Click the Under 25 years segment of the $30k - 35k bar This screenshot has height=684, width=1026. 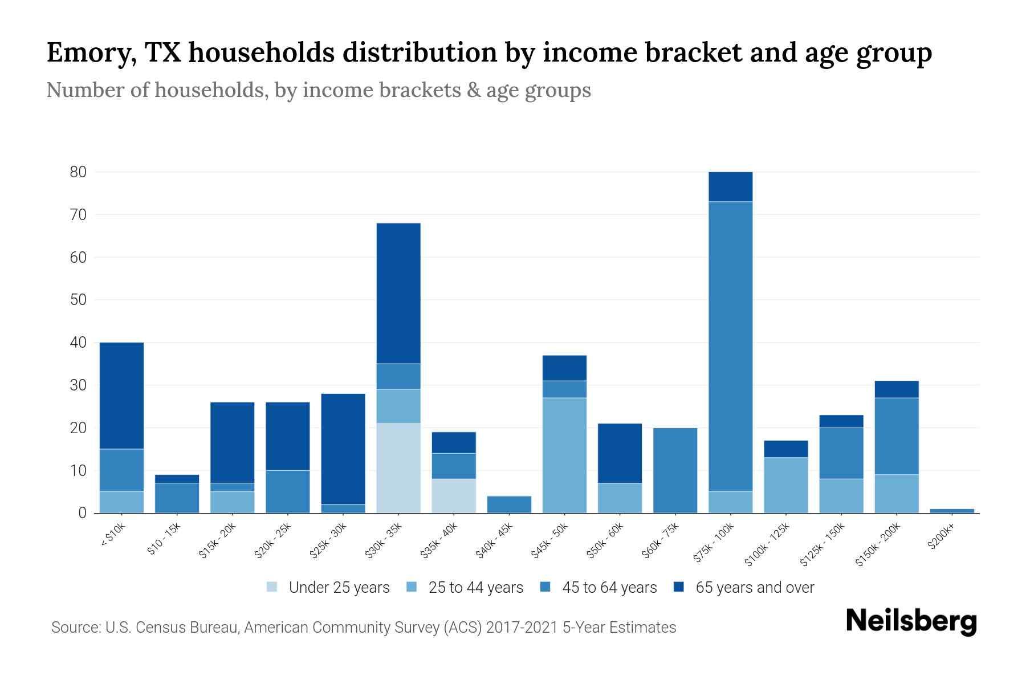click(398, 468)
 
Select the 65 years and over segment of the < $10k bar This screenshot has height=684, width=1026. click(121, 396)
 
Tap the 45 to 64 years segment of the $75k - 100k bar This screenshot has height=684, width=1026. click(730, 347)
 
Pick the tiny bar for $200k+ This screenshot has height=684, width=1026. click(952, 511)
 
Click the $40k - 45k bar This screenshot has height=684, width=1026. click(509, 504)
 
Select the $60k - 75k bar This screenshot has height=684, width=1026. click(675, 470)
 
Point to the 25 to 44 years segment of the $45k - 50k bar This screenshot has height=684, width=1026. click(564, 455)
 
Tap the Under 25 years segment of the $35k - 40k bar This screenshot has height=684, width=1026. click(454, 495)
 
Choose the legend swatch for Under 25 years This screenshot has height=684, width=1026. click(272, 587)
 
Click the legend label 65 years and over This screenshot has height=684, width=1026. click(755, 588)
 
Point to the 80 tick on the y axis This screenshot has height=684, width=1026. click(78, 172)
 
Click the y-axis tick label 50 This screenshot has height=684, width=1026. click(78, 300)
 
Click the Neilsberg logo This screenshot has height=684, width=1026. click(911, 621)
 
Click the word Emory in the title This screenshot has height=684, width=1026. click(91, 52)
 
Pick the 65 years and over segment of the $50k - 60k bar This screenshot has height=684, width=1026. click(620, 453)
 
